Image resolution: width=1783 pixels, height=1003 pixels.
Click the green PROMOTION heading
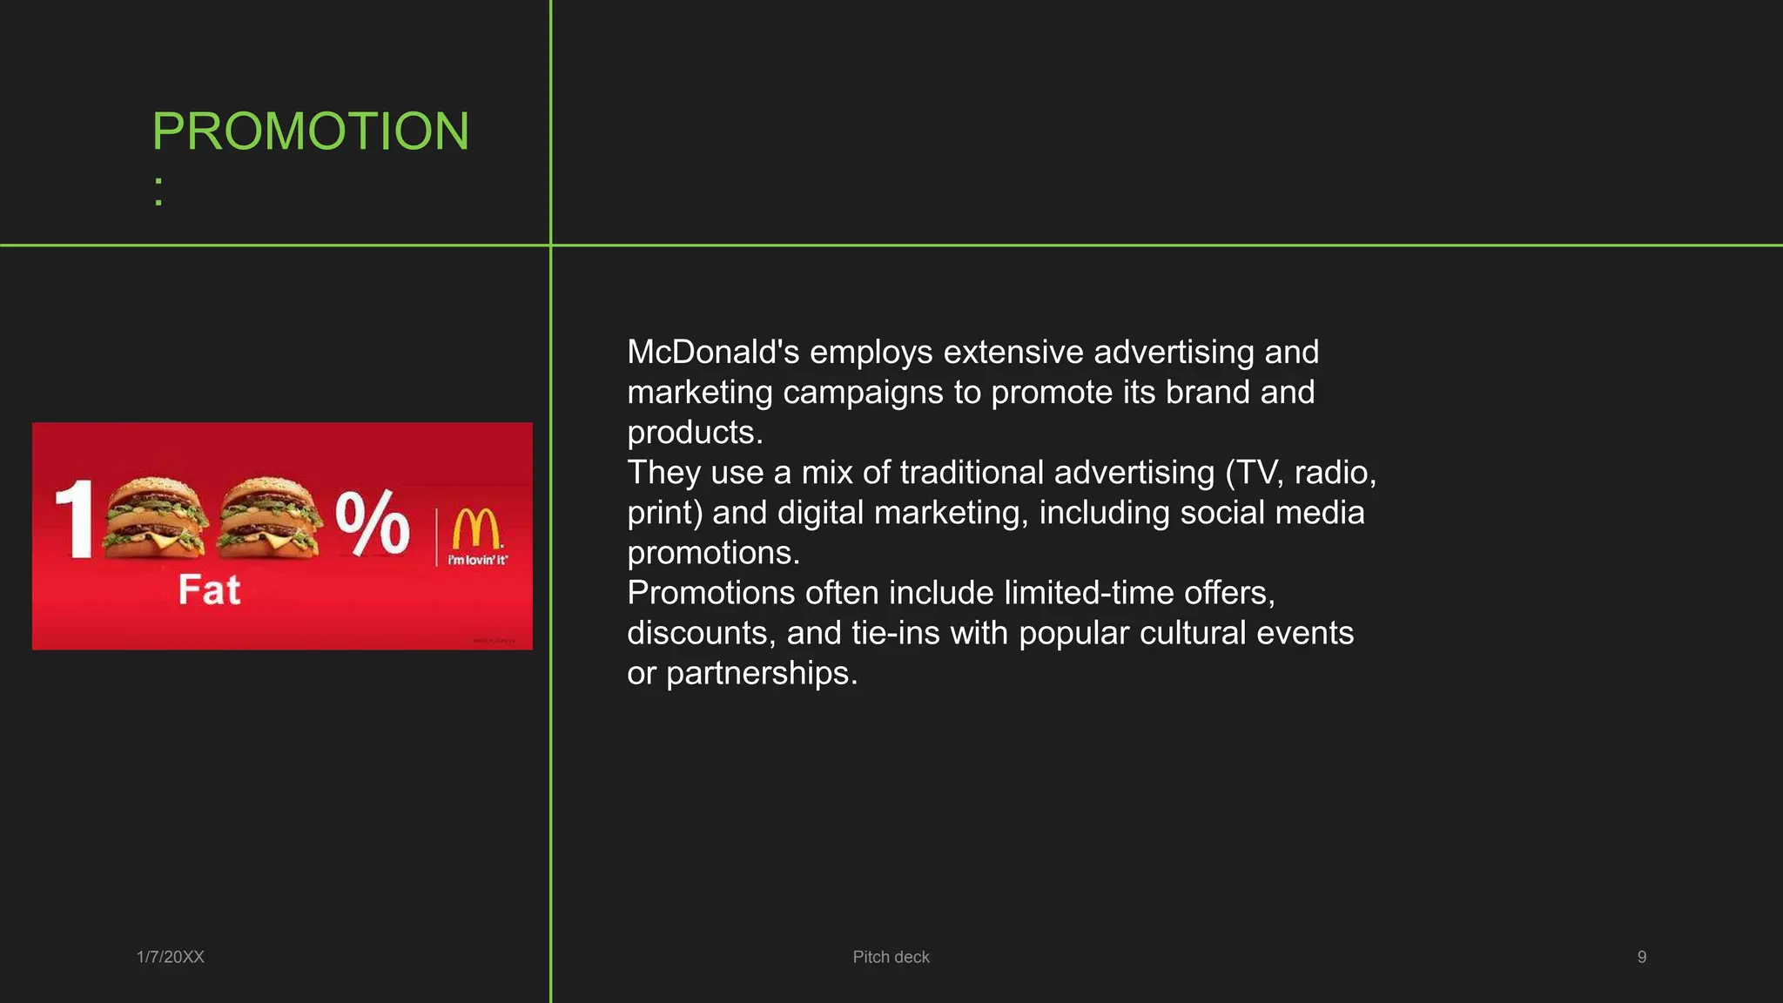coord(311,131)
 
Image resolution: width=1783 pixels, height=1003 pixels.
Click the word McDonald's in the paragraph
coord(713,353)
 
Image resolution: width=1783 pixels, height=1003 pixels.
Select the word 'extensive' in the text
coord(1013,353)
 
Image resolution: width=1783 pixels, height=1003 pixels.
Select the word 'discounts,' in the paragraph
coord(702,633)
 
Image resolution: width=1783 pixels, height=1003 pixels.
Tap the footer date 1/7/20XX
coord(171,957)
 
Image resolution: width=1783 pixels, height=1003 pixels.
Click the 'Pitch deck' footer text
coord(891,957)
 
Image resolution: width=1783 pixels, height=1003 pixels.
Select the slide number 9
coord(1641,957)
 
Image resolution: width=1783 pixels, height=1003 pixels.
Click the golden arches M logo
coord(476,529)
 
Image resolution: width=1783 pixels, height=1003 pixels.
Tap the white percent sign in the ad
coord(373,522)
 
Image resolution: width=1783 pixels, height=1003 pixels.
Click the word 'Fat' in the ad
coord(209,590)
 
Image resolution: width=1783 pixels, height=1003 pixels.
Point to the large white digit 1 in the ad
coord(75,519)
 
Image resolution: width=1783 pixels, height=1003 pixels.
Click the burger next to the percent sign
coord(268,517)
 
